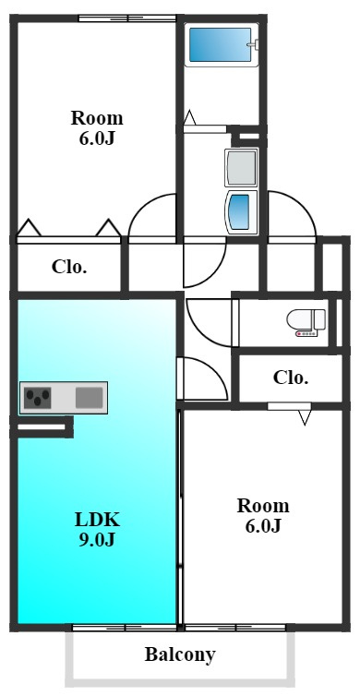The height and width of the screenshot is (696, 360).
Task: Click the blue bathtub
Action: click(x=221, y=45)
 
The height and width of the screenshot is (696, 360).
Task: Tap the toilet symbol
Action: click(x=306, y=322)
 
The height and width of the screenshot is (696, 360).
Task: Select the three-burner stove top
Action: click(x=37, y=397)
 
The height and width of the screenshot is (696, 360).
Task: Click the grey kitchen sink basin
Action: click(x=90, y=397)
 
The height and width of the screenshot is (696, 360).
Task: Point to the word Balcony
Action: click(x=180, y=654)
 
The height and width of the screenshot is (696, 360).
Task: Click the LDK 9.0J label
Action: click(x=97, y=529)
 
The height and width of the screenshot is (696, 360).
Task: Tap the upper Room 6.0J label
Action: click(x=97, y=128)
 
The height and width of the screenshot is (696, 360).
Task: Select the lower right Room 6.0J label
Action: click(x=263, y=516)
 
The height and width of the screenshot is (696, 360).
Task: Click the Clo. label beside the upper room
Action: click(x=69, y=267)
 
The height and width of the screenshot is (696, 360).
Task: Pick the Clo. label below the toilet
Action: click(x=291, y=378)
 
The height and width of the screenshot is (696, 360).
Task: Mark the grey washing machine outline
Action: click(x=241, y=167)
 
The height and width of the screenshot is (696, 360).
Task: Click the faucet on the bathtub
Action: click(x=253, y=44)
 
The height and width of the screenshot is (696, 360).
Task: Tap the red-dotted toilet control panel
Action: click(x=306, y=333)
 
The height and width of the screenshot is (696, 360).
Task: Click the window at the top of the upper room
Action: click(x=127, y=18)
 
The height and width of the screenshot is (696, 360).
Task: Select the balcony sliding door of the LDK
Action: click(x=125, y=628)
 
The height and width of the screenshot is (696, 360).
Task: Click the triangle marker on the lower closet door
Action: click(x=305, y=418)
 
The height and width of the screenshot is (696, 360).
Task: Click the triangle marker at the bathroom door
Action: click(x=189, y=117)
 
